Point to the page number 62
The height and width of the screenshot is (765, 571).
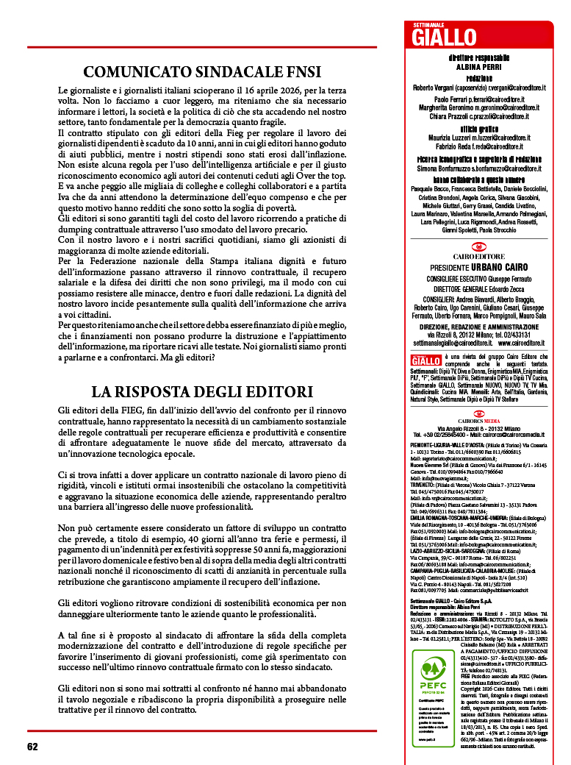32,746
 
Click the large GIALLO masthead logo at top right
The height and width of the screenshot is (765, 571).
444,37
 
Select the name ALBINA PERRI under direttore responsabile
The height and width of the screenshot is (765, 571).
478,66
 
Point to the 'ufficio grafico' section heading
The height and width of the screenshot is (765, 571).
478,128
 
